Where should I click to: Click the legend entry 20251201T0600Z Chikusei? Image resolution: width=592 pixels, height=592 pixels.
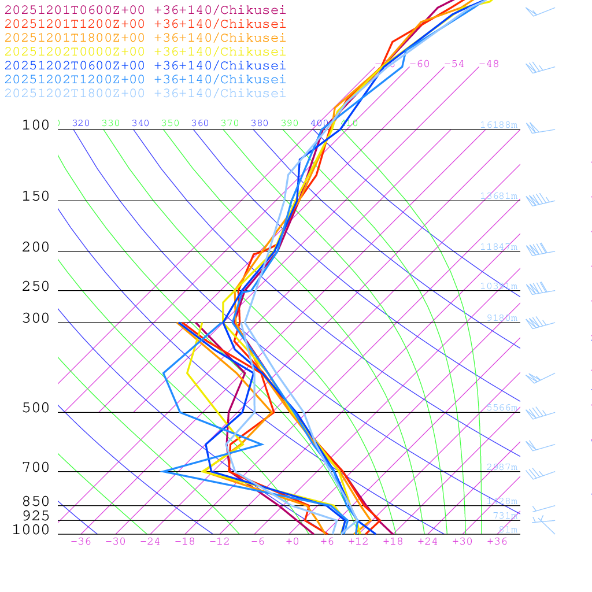click(x=145, y=10)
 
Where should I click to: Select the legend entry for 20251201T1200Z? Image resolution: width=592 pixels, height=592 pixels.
click(x=145, y=24)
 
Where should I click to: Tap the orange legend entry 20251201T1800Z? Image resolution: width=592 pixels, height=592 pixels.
click(x=145, y=38)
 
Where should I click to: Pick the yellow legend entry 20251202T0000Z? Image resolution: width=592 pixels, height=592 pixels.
click(x=145, y=51)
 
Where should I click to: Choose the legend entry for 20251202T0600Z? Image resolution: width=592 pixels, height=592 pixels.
click(x=145, y=65)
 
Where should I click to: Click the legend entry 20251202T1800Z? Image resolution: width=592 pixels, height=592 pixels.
click(x=145, y=93)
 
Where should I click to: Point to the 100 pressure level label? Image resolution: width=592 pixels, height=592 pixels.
click(x=36, y=125)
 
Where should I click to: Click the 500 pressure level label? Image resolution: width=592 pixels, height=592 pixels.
click(x=36, y=408)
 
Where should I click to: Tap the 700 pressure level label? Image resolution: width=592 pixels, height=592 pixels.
click(x=36, y=468)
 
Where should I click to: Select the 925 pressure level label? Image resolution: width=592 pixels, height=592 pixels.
click(x=36, y=516)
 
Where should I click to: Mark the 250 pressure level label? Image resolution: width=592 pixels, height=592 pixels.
click(x=36, y=287)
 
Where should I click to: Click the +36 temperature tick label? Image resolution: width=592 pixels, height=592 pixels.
click(x=497, y=541)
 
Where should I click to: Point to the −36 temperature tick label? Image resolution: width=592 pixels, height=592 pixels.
click(x=81, y=541)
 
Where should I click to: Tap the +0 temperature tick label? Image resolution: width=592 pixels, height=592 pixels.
click(x=293, y=541)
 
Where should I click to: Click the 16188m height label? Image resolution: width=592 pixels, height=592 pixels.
click(x=498, y=125)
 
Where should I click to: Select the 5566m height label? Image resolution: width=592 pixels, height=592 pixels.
click(x=501, y=408)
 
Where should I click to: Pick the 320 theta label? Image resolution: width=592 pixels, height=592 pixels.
click(x=81, y=123)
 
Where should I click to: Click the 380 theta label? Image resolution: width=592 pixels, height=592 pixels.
click(x=260, y=123)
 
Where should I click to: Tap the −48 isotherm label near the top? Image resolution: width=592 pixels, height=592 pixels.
click(x=489, y=64)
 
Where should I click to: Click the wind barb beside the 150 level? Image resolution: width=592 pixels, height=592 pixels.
click(x=539, y=201)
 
